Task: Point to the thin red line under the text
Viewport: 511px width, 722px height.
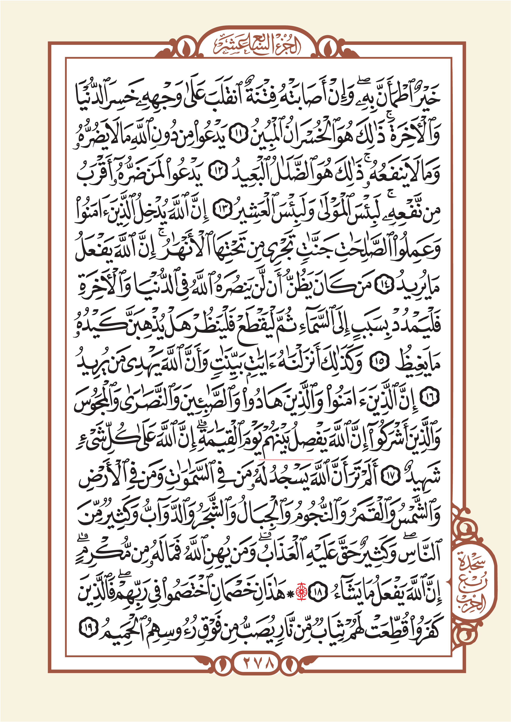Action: point(286,459)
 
